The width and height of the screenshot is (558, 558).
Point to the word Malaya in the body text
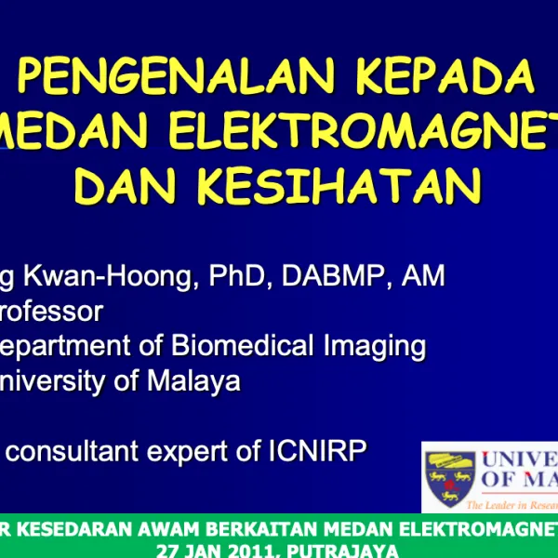[194, 381]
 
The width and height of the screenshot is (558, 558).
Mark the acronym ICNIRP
[312, 451]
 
